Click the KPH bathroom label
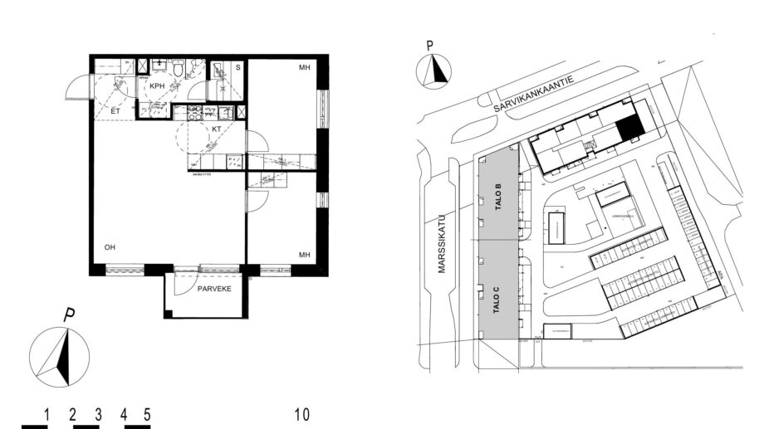click(x=158, y=85)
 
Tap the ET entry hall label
click(x=116, y=110)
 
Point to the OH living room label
click(x=110, y=247)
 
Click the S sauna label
click(x=238, y=66)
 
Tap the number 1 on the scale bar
click(x=47, y=413)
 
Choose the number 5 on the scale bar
click(x=147, y=413)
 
